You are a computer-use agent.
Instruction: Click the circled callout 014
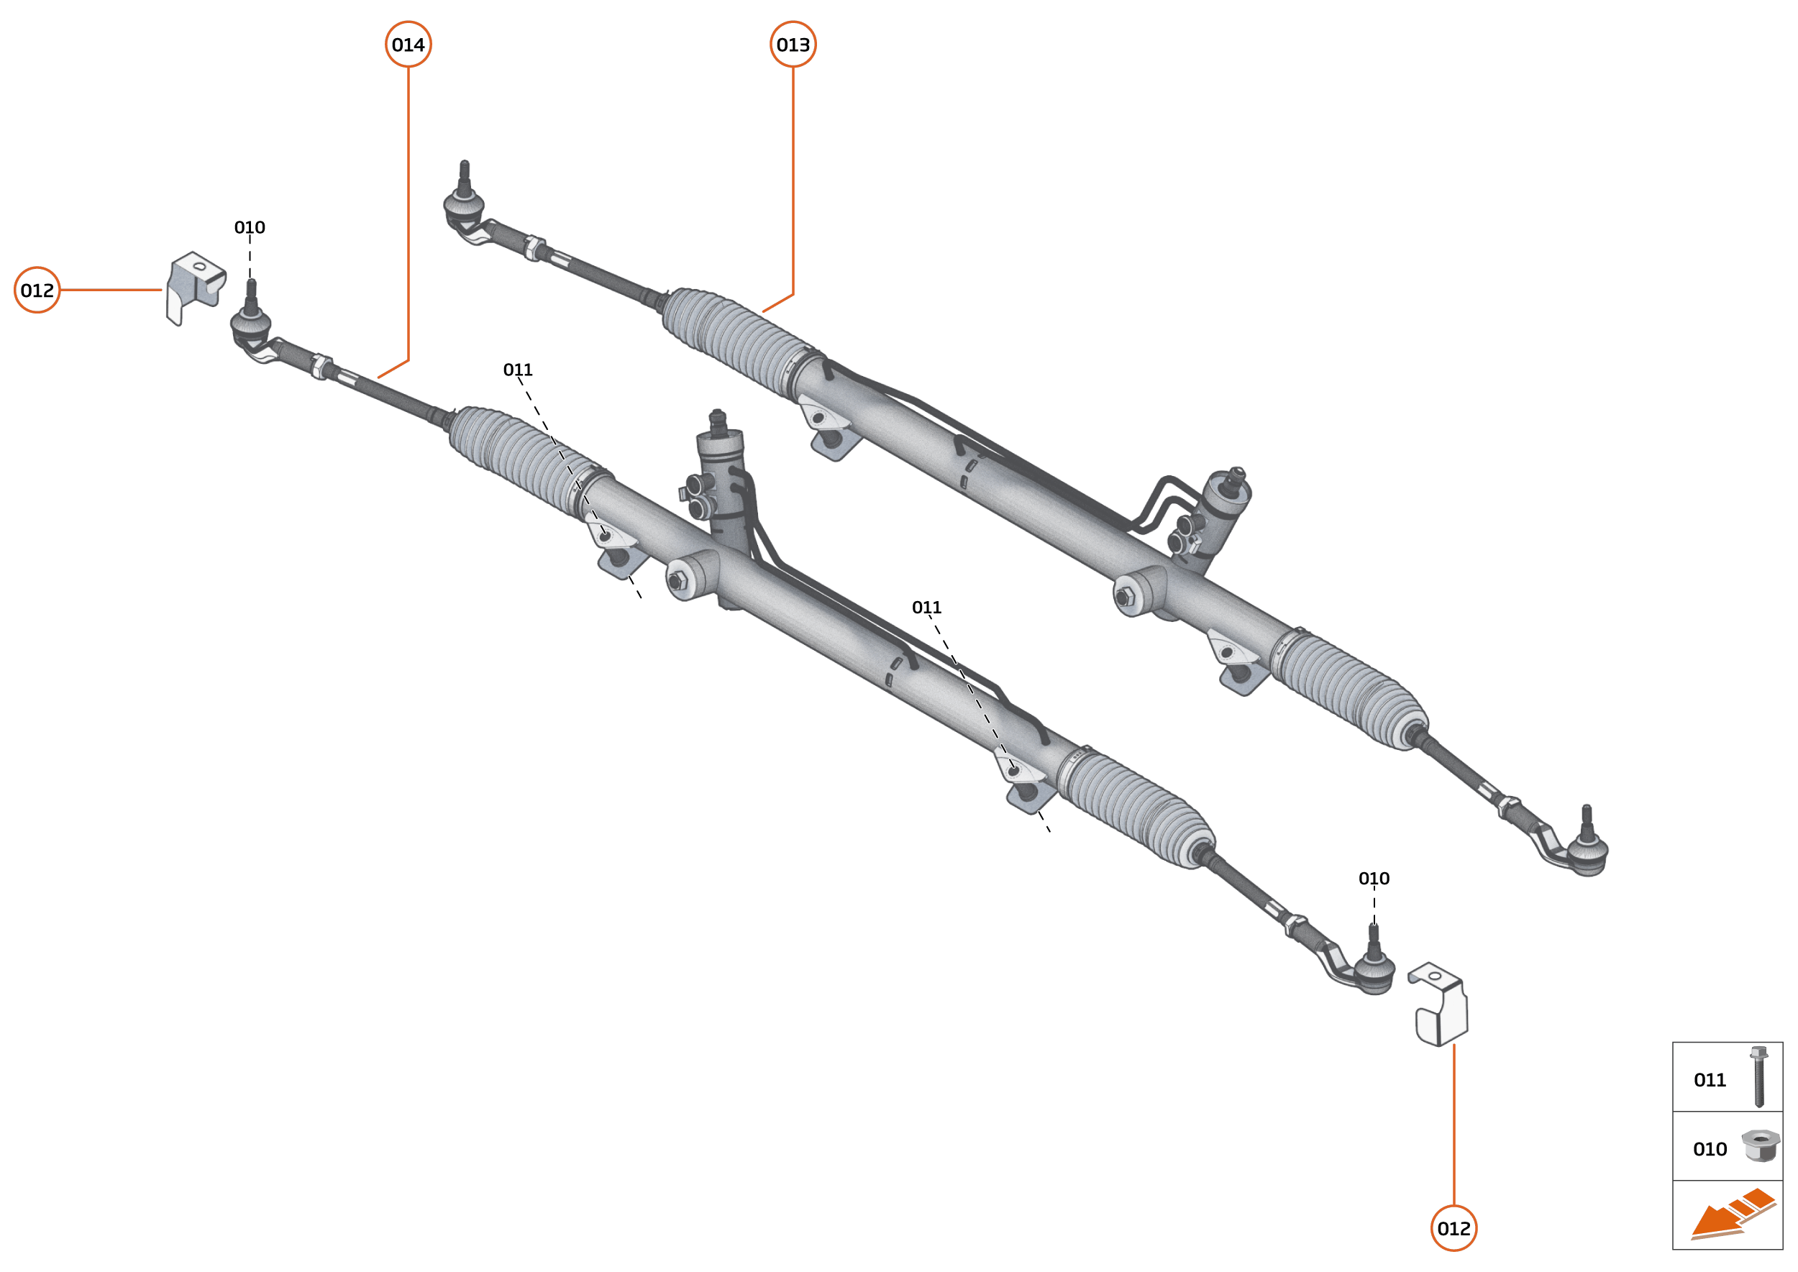click(x=409, y=45)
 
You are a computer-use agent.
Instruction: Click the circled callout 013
click(x=793, y=45)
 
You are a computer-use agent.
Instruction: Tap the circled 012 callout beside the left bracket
click(x=37, y=290)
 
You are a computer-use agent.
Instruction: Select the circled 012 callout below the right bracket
click(x=1454, y=1228)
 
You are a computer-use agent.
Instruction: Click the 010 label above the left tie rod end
click(x=250, y=227)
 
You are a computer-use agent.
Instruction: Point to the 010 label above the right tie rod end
click(x=1374, y=878)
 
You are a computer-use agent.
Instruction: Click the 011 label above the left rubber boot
click(x=518, y=369)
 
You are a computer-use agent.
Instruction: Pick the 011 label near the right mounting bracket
click(x=927, y=607)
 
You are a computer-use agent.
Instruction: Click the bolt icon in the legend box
click(x=1759, y=1077)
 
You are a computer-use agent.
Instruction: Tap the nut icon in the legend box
click(x=1760, y=1146)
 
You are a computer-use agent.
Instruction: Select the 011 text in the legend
click(x=1710, y=1080)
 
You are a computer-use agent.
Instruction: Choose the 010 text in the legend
click(x=1710, y=1149)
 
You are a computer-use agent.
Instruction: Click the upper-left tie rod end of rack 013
click(x=464, y=205)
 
